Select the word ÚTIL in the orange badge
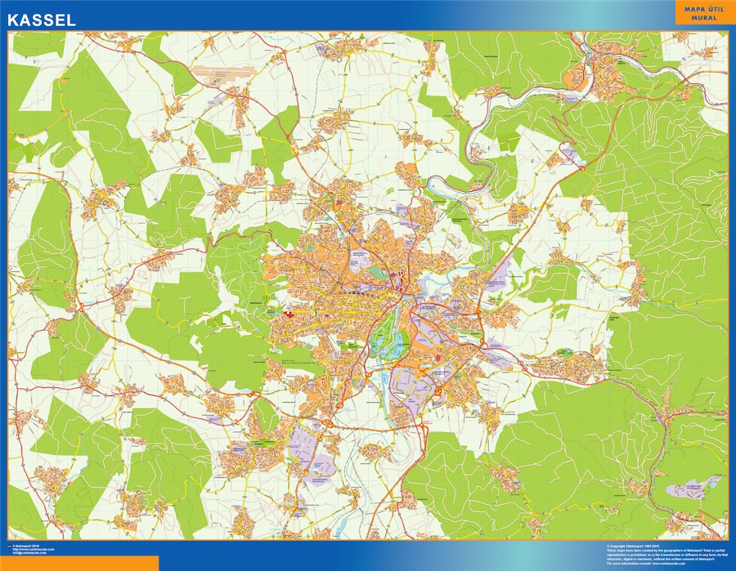pos(707,8)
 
